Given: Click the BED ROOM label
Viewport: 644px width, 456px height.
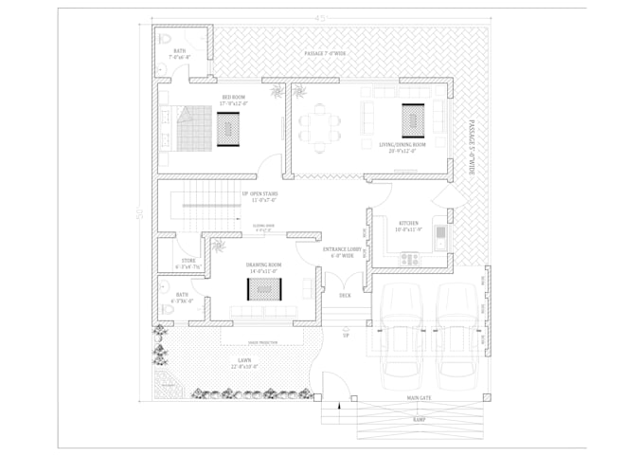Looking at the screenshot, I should pos(233,98).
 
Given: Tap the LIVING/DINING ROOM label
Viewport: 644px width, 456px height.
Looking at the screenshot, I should pos(402,145).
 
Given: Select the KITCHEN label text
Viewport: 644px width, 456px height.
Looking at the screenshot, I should pos(408,224).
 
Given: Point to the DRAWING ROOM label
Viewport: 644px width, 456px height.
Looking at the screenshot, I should pos(264,265).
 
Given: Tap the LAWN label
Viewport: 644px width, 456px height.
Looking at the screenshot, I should pos(244,361).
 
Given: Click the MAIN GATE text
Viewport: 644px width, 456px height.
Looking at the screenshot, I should pos(419,399).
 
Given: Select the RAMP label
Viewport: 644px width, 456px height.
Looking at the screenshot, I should pos(418,418).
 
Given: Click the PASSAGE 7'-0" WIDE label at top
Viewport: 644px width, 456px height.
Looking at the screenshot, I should pos(325,54).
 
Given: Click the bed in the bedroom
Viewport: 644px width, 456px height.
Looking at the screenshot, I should pos(192,127).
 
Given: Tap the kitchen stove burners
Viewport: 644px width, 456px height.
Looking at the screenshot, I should pos(409,257).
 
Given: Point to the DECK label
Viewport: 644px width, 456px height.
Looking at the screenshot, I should pos(345,295).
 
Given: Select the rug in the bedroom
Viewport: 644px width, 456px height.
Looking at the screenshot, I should pos(229,127).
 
